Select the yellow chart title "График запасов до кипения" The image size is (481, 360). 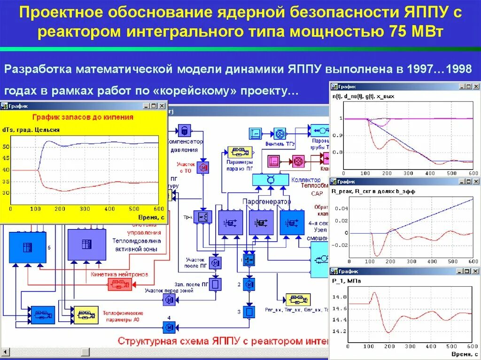(82, 117)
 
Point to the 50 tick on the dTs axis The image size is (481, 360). (6, 147)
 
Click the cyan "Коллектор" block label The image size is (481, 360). (306, 180)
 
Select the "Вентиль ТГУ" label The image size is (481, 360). (279, 144)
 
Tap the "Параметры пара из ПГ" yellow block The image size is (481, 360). (240, 153)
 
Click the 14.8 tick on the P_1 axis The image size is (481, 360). (340, 297)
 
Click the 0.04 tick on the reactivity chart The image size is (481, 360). (342, 208)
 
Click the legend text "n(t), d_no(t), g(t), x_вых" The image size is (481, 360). (363, 97)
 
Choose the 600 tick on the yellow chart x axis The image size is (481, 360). (158, 208)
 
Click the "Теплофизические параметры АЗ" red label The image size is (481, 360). (127, 316)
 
